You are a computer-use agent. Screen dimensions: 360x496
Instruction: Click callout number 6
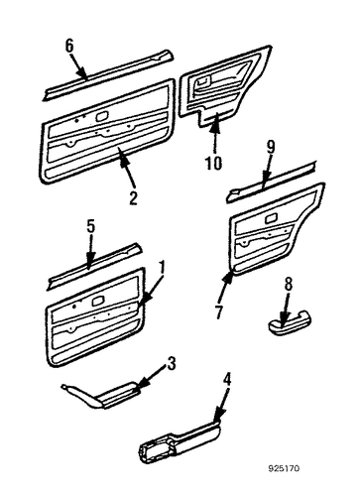point(69,46)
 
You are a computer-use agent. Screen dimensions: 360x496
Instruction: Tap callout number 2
point(133,198)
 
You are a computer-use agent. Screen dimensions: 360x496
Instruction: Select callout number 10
point(213,163)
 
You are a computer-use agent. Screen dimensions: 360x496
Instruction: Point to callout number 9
point(271,147)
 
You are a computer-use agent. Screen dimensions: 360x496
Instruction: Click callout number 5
point(91,226)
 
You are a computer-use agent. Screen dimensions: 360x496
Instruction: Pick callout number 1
point(162,267)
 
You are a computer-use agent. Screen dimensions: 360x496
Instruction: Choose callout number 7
point(218,311)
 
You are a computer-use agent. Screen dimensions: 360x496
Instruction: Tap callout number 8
point(289,284)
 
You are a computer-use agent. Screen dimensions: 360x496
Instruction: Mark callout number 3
point(171,364)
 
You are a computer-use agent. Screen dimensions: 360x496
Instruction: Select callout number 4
point(227,379)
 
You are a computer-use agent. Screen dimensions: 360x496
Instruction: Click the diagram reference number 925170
point(284,468)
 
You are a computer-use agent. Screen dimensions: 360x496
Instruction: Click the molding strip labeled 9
point(271,183)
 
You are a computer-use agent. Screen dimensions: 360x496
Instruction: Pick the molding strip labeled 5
point(94,267)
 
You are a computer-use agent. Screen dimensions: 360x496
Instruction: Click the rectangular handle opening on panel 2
point(102,116)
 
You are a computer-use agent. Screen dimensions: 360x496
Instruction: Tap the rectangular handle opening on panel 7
point(272,219)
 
